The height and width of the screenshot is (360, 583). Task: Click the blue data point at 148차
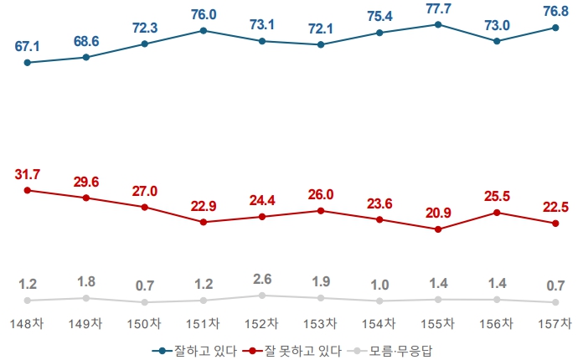(28, 62)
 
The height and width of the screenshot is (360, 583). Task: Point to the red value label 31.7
(28, 174)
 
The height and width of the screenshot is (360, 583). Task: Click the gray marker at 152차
(262, 296)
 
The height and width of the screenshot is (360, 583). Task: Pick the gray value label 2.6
(262, 279)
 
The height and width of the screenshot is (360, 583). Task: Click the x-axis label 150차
(145, 323)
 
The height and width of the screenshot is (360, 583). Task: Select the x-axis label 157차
(555, 323)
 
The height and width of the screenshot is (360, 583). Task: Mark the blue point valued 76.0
(204, 30)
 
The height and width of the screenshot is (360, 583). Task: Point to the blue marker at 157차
(555, 28)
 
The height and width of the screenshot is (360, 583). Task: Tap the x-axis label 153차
(321, 323)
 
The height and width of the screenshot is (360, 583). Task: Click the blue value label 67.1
(28, 45)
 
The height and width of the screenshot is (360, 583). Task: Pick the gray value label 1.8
(86, 281)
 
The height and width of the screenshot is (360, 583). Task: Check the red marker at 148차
(28, 190)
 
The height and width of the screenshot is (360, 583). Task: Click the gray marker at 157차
(555, 301)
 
